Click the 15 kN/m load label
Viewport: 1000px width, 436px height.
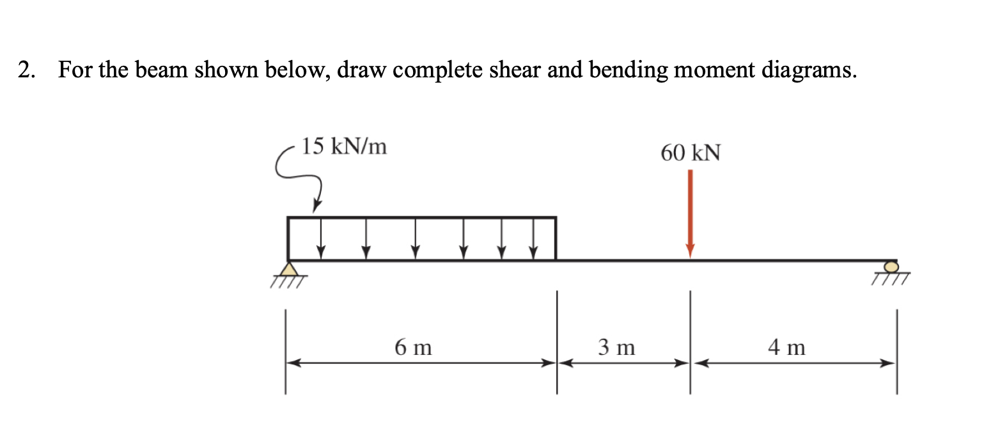345,147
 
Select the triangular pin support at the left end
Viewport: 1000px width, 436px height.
289,269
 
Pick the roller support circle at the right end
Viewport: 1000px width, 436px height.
891,266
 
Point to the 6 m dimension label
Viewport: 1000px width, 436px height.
413,348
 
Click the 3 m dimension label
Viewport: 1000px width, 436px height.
616,348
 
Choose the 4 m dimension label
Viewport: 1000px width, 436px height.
786,348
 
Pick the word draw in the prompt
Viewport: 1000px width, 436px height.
359,70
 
